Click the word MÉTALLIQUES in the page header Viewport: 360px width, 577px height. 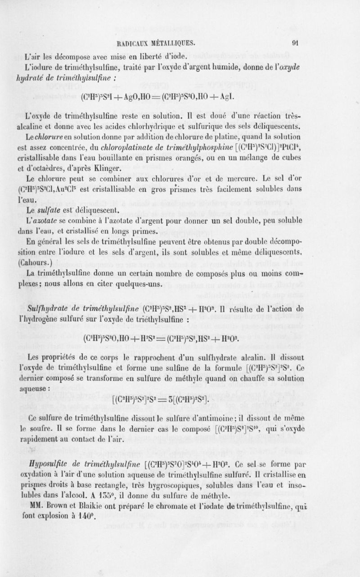pyautogui.click(x=167, y=44)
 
